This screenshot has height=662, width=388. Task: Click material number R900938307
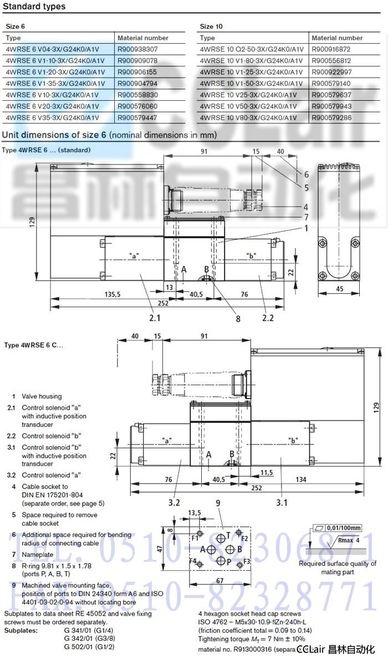tap(137, 49)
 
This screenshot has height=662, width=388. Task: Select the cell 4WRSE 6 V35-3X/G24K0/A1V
tap(52, 117)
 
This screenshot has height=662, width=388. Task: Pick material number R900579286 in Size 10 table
tap(331, 117)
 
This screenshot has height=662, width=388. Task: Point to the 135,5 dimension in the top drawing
tap(113, 294)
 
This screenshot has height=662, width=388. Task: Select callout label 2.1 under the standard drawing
tap(154, 318)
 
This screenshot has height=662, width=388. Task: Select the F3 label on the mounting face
tap(247, 561)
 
